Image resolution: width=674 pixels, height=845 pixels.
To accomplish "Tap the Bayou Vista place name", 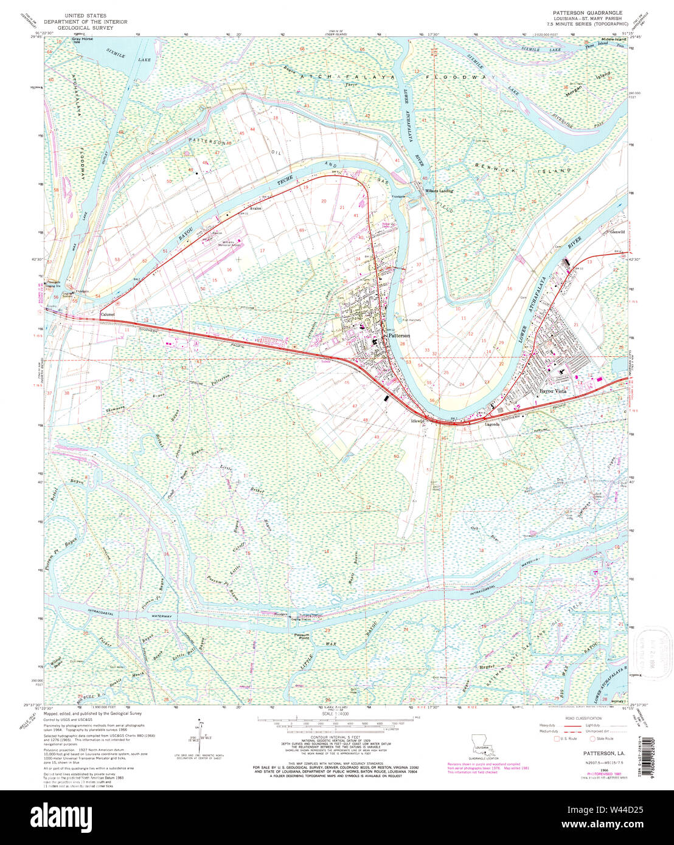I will pos(553,391).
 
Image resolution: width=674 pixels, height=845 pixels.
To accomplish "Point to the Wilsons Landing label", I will pos(439,191).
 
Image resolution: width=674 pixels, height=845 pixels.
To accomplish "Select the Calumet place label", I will pos(107,314).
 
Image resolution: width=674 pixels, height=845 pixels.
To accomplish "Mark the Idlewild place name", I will pos(417,421).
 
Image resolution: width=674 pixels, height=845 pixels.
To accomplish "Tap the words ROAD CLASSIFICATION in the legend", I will pos(583,718).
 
